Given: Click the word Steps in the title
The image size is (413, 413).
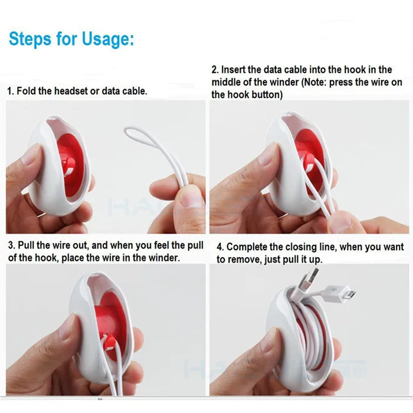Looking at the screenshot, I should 29,40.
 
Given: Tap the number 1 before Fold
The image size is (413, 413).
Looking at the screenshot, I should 9,91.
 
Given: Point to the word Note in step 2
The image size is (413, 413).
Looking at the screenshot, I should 318,82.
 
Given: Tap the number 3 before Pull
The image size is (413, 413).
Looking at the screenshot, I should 9,245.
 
